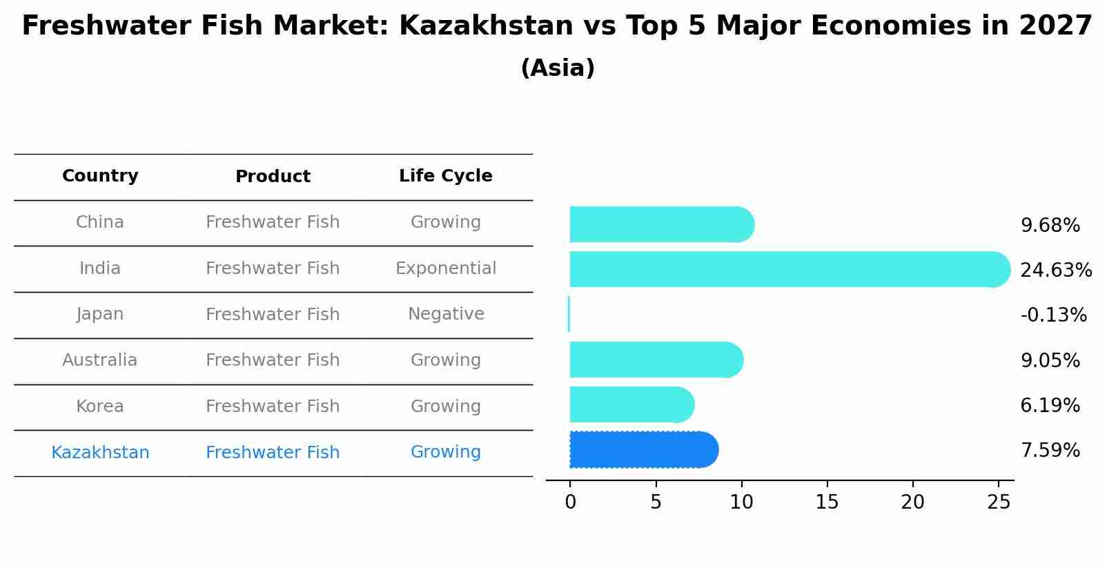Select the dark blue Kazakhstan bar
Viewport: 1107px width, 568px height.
tap(642, 450)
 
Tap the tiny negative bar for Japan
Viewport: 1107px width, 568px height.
tap(569, 314)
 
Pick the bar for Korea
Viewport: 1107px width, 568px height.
tap(629, 404)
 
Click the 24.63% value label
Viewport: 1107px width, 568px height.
tap(1055, 270)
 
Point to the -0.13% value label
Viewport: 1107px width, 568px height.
tap(1053, 315)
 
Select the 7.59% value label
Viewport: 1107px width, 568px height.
tap(1050, 451)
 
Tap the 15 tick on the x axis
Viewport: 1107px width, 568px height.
tap(827, 502)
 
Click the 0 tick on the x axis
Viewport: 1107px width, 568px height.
tap(570, 502)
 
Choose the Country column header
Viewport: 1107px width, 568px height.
tap(100, 176)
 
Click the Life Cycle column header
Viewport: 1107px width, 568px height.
tap(445, 176)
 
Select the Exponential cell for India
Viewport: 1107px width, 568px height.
tap(445, 268)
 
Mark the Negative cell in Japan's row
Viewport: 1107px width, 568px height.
tap(445, 314)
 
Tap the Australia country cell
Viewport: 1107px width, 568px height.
tap(100, 360)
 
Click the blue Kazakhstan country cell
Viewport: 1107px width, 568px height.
tap(100, 453)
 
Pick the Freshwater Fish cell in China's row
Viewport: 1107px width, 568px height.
tap(273, 222)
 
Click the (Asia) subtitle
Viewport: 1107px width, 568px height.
tap(557, 68)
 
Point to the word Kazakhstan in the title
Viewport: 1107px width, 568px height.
tap(486, 26)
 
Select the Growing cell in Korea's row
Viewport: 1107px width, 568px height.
tap(445, 407)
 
